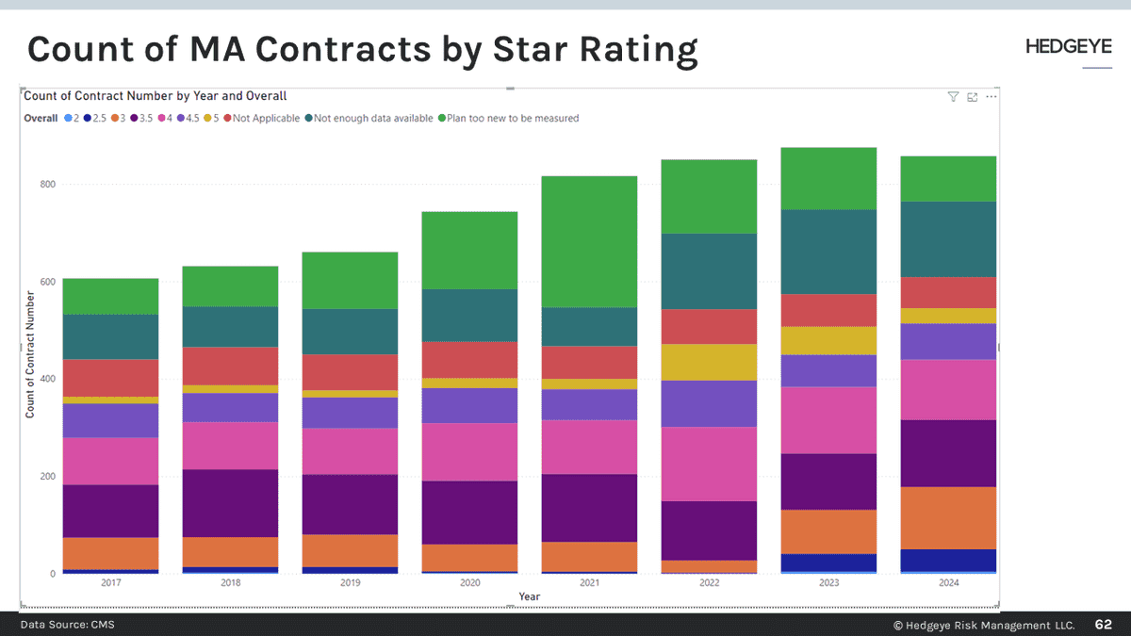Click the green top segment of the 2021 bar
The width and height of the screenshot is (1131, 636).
tap(589, 241)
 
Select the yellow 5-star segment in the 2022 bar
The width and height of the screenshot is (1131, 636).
tap(710, 362)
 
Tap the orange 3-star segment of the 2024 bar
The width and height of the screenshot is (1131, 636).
tap(949, 517)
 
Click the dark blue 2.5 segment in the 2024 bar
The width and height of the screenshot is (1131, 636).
tap(949, 560)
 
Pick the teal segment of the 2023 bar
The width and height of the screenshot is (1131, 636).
tap(828, 252)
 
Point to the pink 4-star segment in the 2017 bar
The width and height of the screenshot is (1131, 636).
tap(110, 461)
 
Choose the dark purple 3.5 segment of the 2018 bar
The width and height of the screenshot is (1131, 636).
tap(231, 502)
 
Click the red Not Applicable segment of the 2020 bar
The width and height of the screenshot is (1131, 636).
tap(469, 360)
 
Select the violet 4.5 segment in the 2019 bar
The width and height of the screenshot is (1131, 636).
tap(350, 413)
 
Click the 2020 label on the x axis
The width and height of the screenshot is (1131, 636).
tap(469, 583)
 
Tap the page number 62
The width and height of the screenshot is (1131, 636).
tap(1103, 625)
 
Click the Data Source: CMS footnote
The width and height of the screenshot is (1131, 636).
tap(68, 625)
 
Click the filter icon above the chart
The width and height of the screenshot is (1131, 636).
tap(953, 96)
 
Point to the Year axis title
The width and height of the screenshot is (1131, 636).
tap(529, 596)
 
